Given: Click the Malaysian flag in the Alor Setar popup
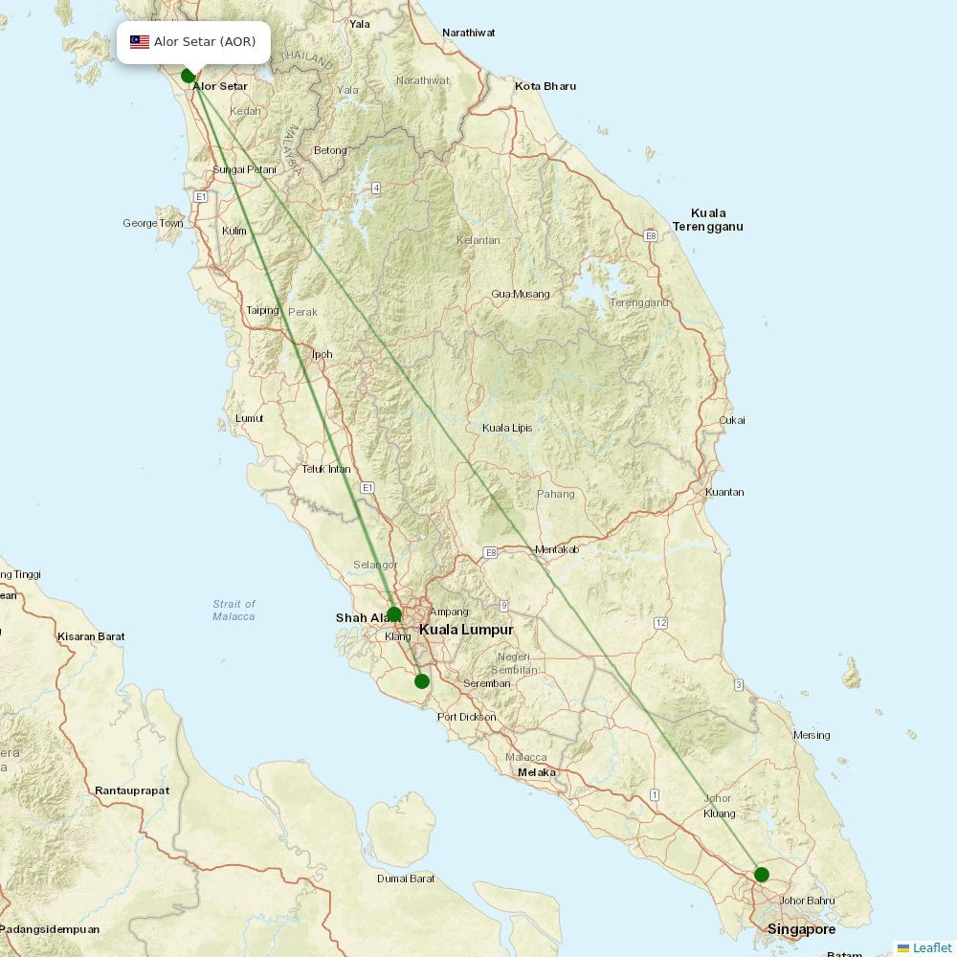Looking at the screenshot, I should point(140,42).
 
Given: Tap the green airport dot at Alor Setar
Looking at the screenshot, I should point(189,76).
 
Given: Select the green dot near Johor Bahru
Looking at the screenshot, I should point(761,874).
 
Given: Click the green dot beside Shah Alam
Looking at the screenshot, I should point(393,614).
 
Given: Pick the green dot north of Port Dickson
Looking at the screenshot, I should point(422,681).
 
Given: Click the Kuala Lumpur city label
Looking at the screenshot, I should point(466,630).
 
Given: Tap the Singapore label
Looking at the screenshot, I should point(801,929).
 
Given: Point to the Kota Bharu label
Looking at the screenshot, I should point(545,86).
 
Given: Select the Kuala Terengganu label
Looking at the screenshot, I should point(707,220).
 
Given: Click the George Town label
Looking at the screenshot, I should point(152,224).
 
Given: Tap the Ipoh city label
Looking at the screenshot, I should point(323,354).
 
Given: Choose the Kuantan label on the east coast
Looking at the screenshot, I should point(723,492).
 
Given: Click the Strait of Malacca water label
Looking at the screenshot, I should point(234,610).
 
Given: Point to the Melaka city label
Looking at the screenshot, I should point(536,772).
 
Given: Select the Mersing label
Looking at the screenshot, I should point(812,735).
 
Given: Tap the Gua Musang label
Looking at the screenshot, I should point(521,294).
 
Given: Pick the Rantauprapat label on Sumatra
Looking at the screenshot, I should point(132,790).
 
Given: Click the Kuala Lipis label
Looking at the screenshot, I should point(507,428).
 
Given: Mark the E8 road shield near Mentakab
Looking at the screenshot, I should point(491,552).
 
